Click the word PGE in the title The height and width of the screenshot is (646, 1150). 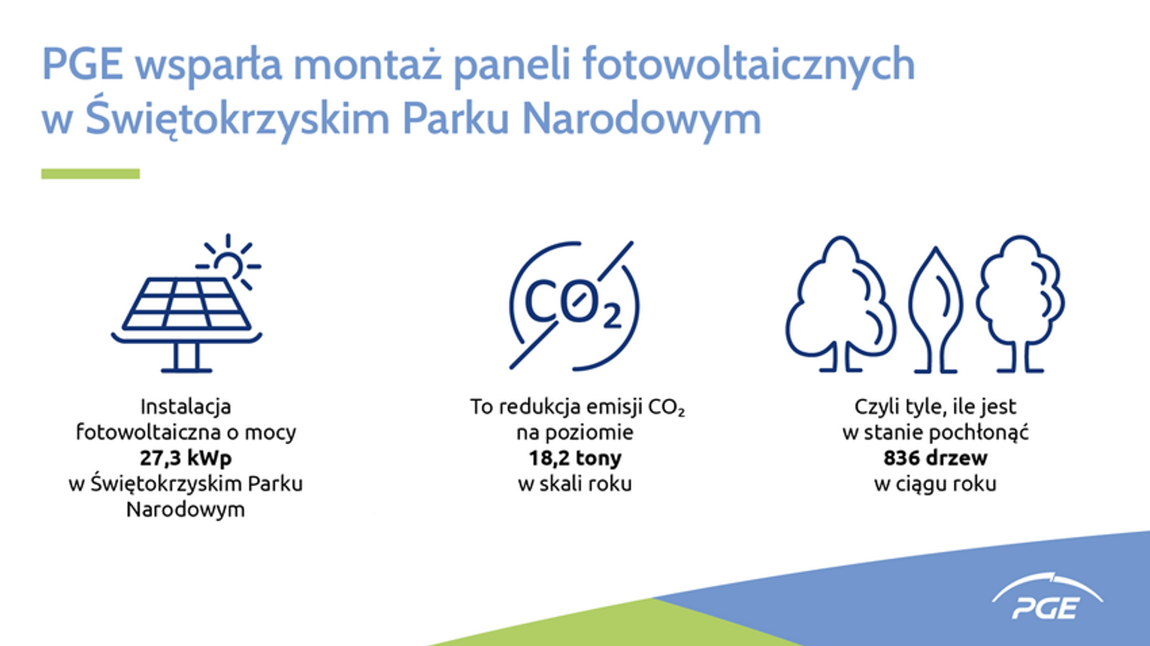[x=83, y=64]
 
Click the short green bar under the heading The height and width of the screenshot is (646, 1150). [x=90, y=174]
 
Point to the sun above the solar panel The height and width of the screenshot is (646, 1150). [x=228, y=261]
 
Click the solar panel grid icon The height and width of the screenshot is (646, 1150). [x=187, y=303]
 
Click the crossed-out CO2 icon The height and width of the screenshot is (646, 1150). [x=574, y=305]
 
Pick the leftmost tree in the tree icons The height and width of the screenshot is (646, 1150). [x=840, y=303]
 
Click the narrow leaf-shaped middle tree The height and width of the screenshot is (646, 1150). [x=936, y=309]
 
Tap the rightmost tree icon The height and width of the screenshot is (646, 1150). [x=1020, y=303]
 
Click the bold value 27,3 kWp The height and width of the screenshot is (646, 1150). [x=186, y=458]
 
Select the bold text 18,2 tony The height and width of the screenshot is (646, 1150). [x=575, y=458]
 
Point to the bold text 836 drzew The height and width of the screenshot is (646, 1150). [x=935, y=457]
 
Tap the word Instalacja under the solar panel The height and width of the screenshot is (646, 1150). [x=186, y=407]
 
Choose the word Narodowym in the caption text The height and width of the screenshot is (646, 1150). [x=186, y=509]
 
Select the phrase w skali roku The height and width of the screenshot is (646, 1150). [x=575, y=484]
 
